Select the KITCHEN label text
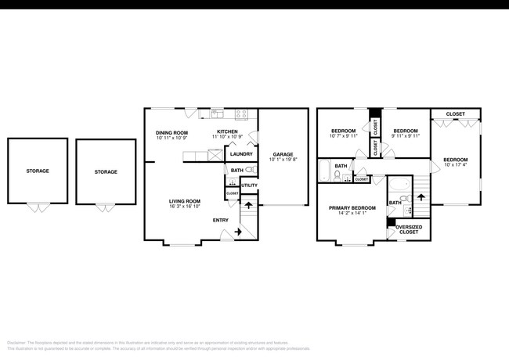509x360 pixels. click(227, 131)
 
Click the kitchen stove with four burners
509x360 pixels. click(243, 114)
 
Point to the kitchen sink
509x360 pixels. click(215, 114)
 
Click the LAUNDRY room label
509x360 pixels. click(240, 154)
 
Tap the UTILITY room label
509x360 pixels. click(249, 185)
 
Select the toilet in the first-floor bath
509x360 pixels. click(249, 169)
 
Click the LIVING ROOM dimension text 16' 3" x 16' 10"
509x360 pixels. click(185, 207)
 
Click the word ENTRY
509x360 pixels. click(221, 220)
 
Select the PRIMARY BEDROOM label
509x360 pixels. click(352, 207)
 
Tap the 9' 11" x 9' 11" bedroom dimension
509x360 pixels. click(406, 136)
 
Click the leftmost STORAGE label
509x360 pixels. click(37, 171)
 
